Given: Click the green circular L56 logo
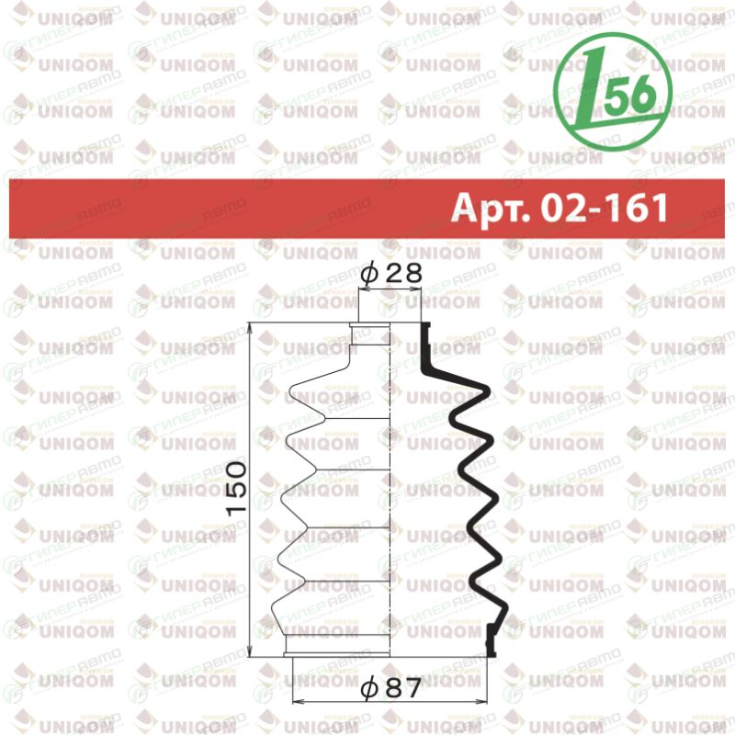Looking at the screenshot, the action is click(613, 93).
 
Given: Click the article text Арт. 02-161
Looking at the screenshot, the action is click(560, 208).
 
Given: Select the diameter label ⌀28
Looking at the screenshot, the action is click(391, 272).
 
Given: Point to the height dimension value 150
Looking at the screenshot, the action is click(236, 488).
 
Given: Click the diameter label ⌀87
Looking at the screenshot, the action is click(390, 688).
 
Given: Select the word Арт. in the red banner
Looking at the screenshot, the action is click(490, 209).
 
